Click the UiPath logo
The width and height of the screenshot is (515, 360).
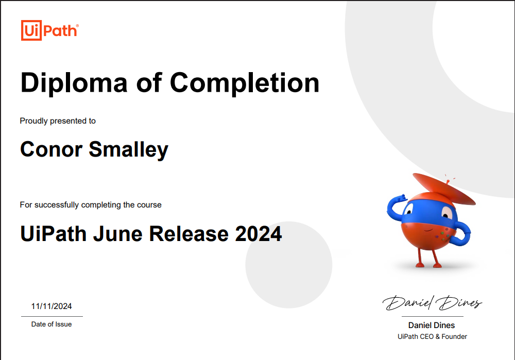tap(50, 30)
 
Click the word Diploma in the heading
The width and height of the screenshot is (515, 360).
tap(74, 83)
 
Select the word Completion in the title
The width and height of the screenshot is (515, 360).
tap(245, 83)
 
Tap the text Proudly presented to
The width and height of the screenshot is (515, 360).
tap(58, 121)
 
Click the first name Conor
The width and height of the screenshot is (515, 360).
tap(51, 149)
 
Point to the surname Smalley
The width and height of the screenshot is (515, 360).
tap(128, 150)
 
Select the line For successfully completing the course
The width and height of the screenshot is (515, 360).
tap(91, 205)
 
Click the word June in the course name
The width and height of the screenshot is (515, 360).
tap(117, 234)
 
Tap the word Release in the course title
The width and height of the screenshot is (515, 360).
tap(189, 234)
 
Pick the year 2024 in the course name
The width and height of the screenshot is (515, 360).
tap(259, 234)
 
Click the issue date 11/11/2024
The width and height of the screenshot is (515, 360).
tap(51, 306)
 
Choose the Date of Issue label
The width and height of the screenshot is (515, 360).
tap(51, 324)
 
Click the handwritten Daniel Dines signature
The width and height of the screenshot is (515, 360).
tap(432, 302)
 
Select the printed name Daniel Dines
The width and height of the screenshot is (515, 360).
tap(432, 325)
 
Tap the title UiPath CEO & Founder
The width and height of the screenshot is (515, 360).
tap(432, 336)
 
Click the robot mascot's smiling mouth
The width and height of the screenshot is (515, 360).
tap(427, 230)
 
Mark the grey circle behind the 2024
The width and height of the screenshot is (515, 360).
tap(289, 265)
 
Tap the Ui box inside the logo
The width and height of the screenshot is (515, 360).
tap(31, 30)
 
